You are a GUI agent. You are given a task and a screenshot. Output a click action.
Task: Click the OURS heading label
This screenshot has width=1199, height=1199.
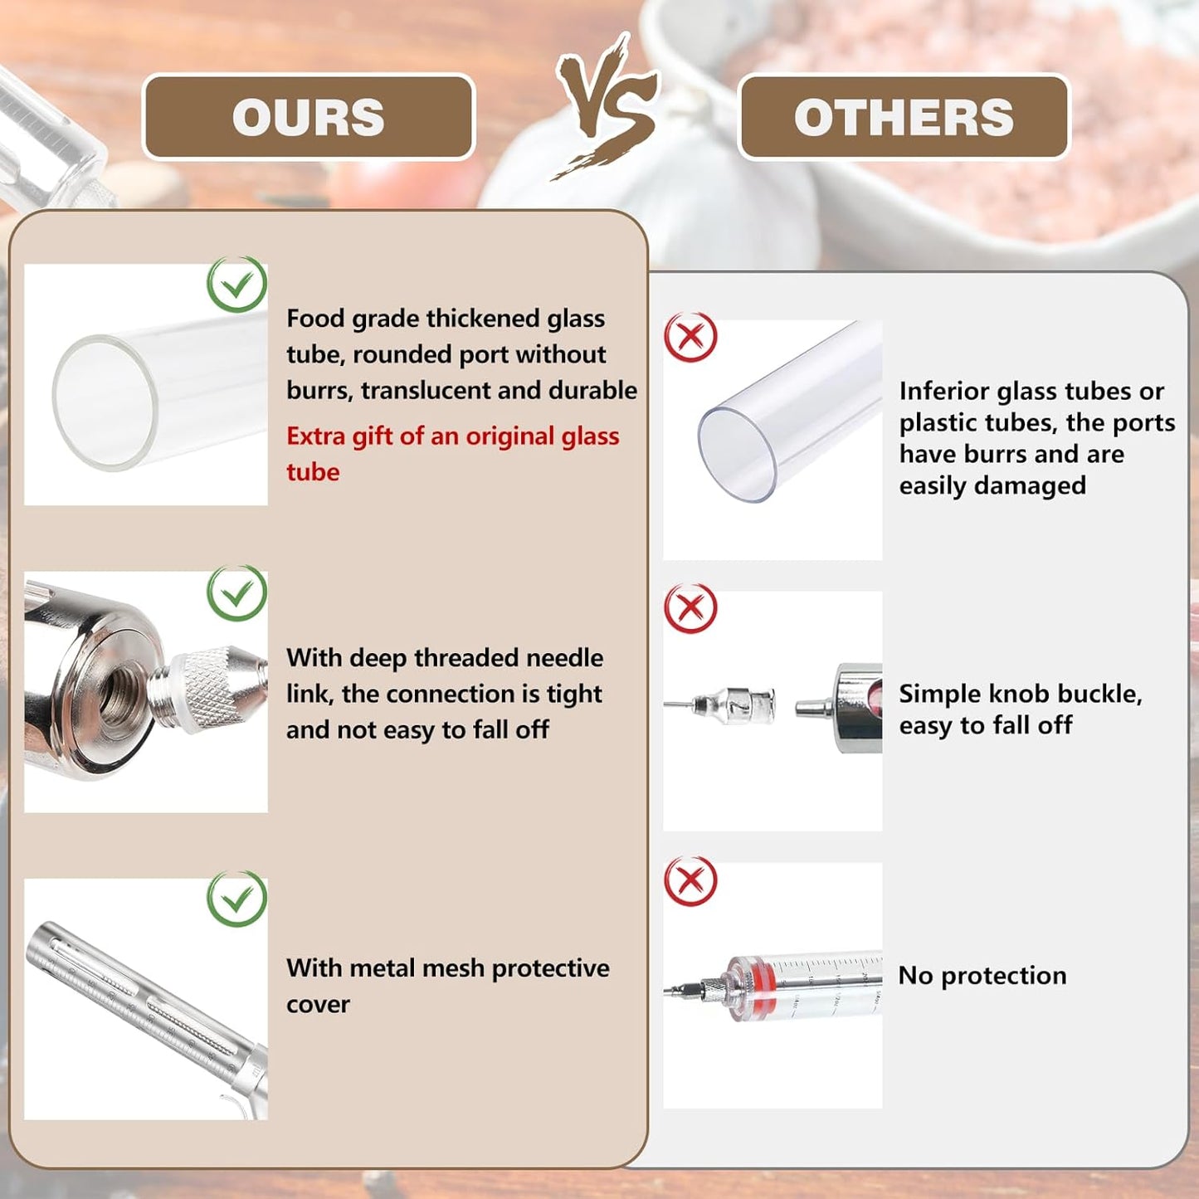click(x=309, y=117)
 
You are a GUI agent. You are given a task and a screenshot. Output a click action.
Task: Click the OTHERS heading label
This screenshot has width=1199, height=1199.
click(x=904, y=117)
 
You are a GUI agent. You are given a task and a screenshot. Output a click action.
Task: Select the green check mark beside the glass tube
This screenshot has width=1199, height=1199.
click(x=236, y=284)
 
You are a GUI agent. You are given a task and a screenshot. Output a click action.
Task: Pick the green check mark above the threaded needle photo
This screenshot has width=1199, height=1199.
click(x=236, y=592)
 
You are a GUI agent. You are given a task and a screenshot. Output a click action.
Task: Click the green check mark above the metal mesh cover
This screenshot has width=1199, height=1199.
click(x=236, y=899)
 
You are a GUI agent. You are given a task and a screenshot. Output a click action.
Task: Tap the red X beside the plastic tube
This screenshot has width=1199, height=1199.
click(x=690, y=337)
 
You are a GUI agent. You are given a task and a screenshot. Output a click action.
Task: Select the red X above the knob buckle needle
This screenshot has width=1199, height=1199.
click(x=690, y=607)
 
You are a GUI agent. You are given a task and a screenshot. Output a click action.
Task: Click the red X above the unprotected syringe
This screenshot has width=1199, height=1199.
click(x=690, y=880)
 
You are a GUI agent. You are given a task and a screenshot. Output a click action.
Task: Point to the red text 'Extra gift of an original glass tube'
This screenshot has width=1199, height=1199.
click(x=452, y=454)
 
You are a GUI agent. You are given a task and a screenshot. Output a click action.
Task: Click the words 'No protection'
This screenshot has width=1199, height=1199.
click(x=982, y=976)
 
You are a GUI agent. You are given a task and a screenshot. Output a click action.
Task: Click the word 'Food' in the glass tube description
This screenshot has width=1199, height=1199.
click(x=314, y=319)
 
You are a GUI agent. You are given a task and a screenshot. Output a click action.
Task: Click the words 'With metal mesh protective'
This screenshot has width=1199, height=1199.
click(x=448, y=968)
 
